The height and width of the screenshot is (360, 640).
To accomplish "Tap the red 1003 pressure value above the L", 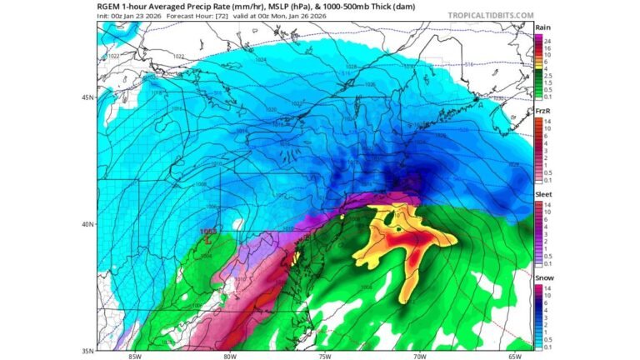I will point(207,231).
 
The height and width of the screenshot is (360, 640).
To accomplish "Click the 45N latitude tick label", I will point(87,97).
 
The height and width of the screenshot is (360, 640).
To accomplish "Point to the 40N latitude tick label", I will point(87,223).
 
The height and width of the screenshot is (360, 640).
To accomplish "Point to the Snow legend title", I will point(543,277).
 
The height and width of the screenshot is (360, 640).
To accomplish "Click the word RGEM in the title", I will point(108,7).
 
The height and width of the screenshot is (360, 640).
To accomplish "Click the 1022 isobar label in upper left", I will point(114,56).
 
